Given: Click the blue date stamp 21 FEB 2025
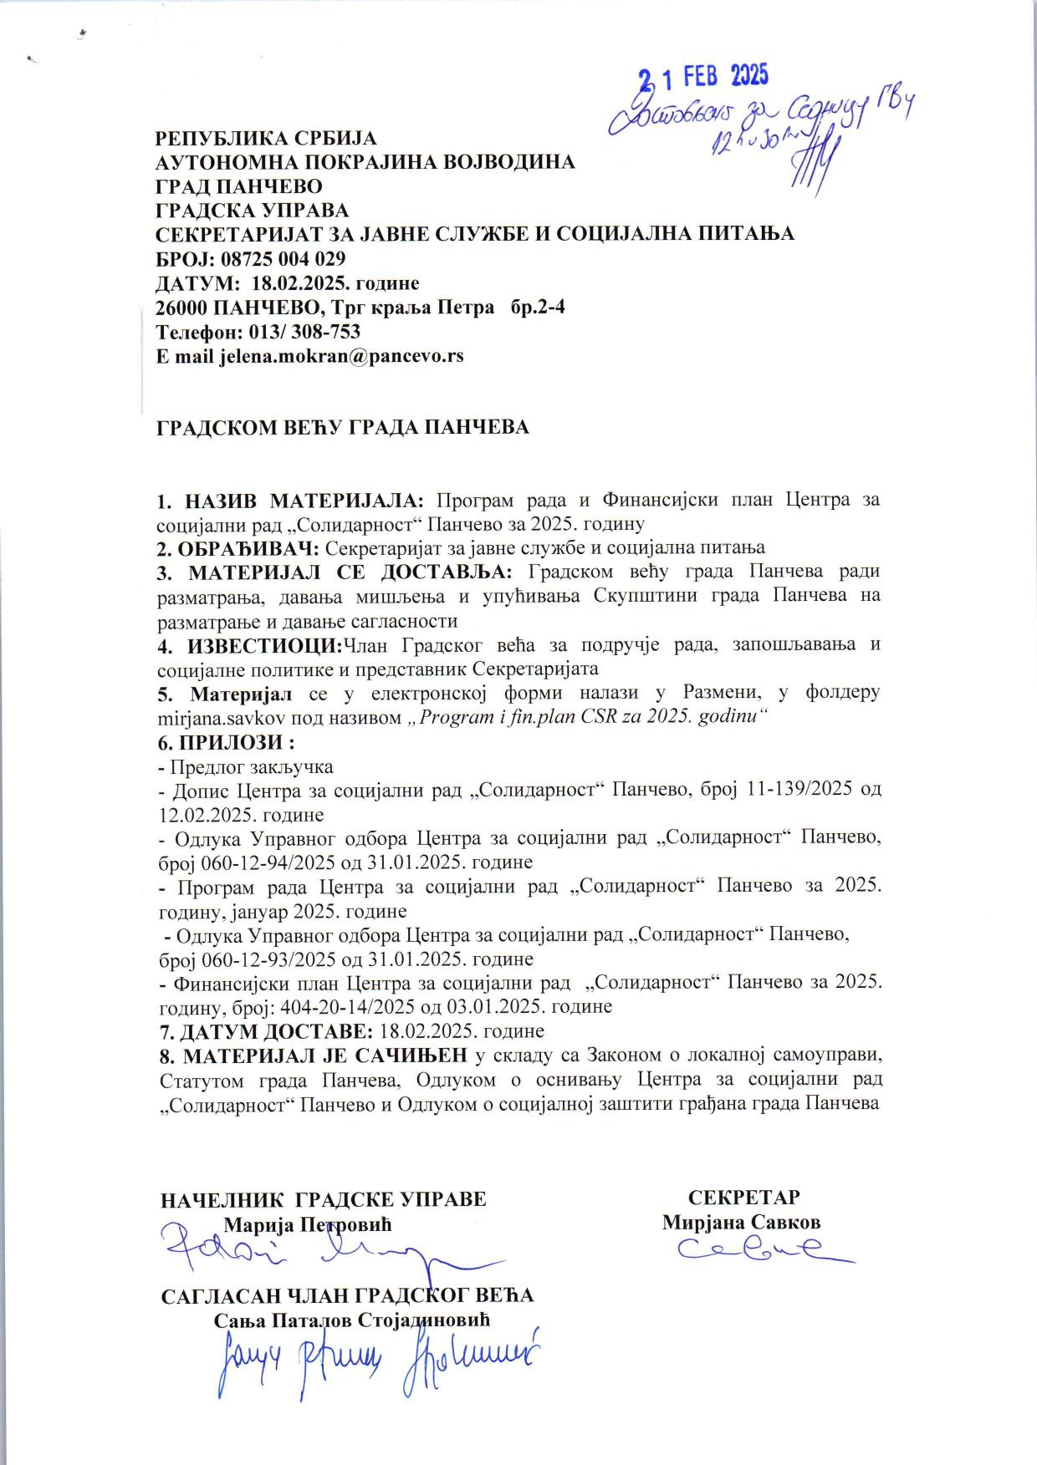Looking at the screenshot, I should (x=703, y=78).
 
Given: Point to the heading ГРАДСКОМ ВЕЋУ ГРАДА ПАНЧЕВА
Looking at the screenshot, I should (x=344, y=427).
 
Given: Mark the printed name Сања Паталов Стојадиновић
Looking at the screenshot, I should (x=352, y=1320).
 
